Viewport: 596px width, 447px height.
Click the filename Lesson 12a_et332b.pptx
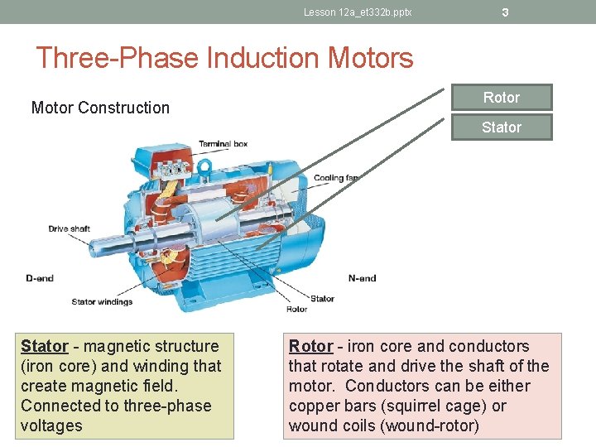click(357, 12)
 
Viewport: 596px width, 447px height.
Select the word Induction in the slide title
click(264, 58)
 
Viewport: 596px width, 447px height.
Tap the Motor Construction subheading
click(100, 108)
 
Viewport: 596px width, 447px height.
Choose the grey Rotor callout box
click(501, 98)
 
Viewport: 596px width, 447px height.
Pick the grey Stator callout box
click(501, 127)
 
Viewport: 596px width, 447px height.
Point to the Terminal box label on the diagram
click(223, 144)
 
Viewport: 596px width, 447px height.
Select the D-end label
click(40, 278)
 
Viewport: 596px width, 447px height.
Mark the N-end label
click(362, 278)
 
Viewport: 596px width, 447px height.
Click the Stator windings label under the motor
click(102, 301)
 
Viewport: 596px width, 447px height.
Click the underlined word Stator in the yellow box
click(44, 346)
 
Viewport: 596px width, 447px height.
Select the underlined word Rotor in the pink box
click(310, 346)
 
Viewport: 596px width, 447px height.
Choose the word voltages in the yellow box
click(51, 425)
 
